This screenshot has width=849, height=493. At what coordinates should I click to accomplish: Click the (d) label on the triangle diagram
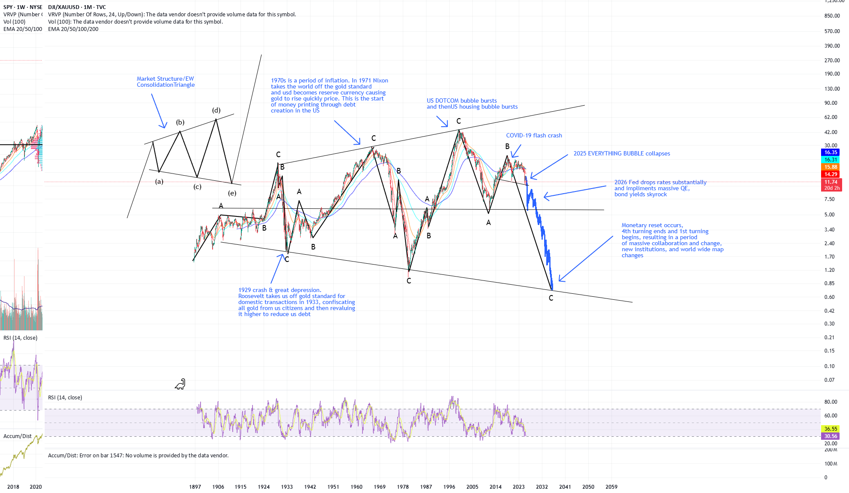point(216,110)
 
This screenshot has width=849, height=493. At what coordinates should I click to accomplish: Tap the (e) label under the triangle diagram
point(232,193)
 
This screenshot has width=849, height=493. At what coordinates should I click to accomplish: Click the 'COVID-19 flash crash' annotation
point(534,135)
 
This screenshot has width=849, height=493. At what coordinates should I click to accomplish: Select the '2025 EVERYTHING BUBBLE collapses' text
point(621,153)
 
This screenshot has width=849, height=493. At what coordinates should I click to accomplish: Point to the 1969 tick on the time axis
point(380,487)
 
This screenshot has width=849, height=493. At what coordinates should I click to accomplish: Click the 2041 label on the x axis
point(565,487)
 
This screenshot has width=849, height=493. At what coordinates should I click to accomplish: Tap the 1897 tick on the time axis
point(195,487)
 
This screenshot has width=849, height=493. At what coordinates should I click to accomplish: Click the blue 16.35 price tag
point(831,152)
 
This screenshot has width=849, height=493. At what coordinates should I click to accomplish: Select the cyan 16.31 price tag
point(831,160)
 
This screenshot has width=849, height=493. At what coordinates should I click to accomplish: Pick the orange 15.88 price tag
point(831,167)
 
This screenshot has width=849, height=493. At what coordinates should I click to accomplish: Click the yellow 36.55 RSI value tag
point(831,429)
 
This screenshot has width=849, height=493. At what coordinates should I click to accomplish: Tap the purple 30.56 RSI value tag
point(831,436)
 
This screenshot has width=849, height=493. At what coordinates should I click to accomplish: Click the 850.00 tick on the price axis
point(832,16)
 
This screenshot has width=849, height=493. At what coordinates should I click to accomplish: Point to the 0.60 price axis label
point(829,297)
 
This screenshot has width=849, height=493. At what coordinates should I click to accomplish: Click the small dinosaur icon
point(180,384)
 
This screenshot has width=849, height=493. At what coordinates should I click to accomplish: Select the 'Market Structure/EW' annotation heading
point(165,79)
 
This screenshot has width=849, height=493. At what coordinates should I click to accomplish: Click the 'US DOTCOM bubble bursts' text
point(462,100)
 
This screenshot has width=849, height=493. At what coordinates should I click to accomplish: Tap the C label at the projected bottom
point(551,298)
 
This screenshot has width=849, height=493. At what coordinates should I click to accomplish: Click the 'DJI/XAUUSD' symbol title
point(64,7)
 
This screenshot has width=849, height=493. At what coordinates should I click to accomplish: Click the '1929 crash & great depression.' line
point(280,290)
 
